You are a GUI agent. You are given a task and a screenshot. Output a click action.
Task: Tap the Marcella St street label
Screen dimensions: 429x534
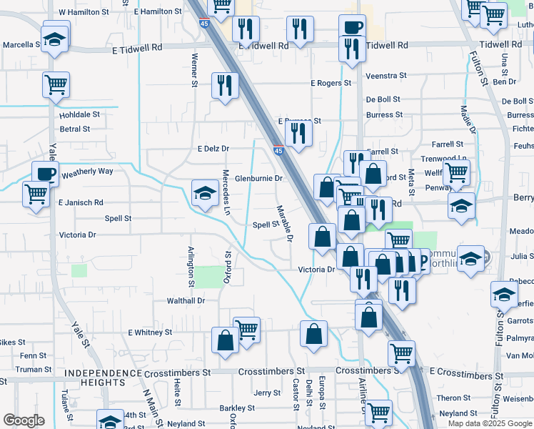(21, 44)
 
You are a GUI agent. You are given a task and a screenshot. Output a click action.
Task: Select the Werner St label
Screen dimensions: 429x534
(193, 69)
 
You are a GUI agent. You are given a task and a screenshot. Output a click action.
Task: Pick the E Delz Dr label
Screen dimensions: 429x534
(213, 149)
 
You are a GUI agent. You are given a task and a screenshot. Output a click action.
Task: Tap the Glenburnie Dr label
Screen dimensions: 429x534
(259, 178)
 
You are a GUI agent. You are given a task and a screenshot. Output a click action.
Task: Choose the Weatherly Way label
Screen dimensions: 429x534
(88, 172)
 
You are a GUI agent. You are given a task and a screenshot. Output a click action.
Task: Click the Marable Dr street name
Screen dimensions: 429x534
(285, 223)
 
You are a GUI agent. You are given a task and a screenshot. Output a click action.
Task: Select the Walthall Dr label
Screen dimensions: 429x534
(186, 301)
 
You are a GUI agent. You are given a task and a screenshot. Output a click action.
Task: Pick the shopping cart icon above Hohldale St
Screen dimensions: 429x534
(56, 84)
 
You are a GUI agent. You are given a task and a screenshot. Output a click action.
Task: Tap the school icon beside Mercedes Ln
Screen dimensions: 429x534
(205, 192)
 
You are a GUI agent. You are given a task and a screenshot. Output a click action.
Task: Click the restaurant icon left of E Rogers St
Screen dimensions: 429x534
(226, 84)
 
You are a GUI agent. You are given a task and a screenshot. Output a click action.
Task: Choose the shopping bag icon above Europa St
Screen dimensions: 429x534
(314, 332)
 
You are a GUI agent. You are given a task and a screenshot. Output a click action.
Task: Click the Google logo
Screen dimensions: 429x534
(24, 420)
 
